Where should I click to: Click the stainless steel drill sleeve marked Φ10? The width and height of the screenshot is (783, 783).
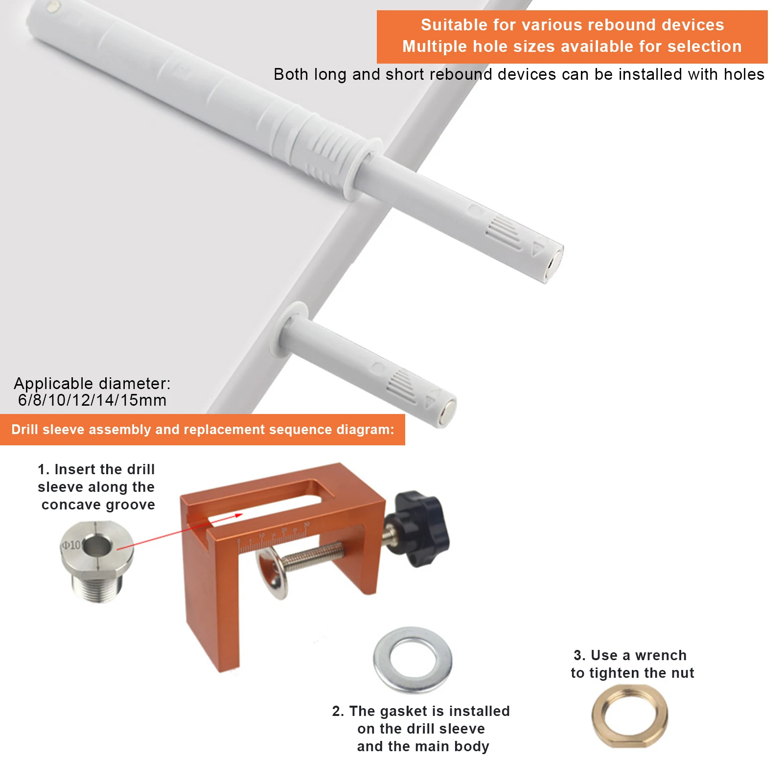point(97,560)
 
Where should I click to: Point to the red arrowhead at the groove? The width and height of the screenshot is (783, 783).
point(238,515)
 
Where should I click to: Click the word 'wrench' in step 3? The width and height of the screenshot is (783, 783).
point(661,655)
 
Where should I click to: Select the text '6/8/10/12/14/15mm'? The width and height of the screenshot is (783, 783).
point(92,400)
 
